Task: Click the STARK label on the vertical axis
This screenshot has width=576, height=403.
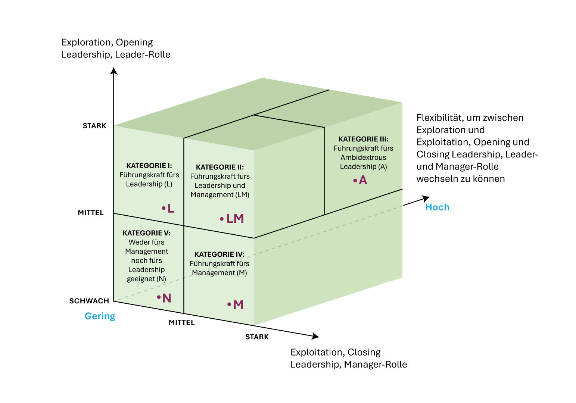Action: (x=94, y=126)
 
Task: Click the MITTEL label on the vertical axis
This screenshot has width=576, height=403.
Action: (x=91, y=213)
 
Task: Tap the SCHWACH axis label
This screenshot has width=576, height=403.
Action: (x=89, y=301)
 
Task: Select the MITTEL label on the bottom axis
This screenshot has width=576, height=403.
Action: (x=181, y=322)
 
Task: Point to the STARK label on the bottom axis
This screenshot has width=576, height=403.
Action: (x=257, y=337)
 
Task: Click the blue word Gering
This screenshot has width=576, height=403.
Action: (x=100, y=316)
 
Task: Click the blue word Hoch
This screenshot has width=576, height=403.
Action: (x=437, y=207)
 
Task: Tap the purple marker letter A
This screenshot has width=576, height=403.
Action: (x=363, y=181)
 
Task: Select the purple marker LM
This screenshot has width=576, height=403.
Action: (x=235, y=219)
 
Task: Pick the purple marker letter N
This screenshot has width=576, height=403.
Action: (x=166, y=298)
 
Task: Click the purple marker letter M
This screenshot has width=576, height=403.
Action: (x=238, y=305)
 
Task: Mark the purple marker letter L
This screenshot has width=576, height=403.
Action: (x=171, y=209)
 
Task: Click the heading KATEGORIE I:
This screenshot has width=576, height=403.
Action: (x=149, y=166)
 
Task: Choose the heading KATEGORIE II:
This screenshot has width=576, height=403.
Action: (x=219, y=167)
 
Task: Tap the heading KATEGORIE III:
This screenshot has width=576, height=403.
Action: (x=363, y=139)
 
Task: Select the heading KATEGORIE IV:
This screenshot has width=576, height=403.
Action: (x=219, y=254)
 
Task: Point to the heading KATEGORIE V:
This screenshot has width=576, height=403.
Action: (x=146, y=233)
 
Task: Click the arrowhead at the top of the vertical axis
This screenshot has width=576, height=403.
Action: (x=114, y=71)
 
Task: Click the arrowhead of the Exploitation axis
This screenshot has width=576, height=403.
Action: (x=315, y=336)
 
